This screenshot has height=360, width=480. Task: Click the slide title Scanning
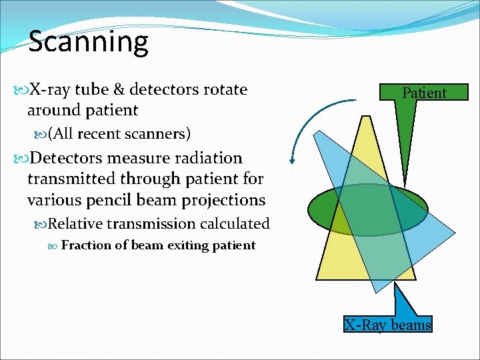coord(88,41)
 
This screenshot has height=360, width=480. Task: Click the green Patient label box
coord(424,93)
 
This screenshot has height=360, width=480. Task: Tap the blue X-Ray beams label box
coord(387,325)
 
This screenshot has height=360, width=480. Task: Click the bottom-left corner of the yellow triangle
coord(317,278)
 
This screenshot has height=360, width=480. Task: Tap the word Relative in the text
coord(75,224)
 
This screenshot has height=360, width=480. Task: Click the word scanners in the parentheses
coord(157,134)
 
